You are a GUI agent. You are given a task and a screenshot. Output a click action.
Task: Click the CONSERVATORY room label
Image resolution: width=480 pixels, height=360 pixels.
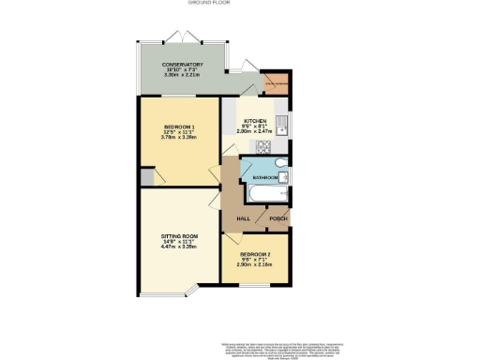(x=183, y=65)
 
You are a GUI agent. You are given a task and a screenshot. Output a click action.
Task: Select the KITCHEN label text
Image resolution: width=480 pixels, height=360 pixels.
(x=256, y=122)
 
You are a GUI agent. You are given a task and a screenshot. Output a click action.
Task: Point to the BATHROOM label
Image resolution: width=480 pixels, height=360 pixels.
(x=264, y=177)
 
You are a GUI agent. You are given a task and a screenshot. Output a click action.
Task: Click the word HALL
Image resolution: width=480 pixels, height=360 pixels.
(x=242, y=218)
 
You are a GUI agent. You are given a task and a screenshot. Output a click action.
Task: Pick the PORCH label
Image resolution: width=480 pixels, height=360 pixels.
(x=277, y=218)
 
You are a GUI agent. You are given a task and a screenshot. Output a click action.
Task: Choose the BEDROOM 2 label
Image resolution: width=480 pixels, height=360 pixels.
(x=254, y=255)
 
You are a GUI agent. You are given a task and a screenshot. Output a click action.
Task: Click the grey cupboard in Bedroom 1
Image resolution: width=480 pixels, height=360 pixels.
(x=146, y=178)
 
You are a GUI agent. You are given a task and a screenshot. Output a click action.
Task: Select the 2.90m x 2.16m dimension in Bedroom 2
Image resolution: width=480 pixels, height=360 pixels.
(x=254, y=266)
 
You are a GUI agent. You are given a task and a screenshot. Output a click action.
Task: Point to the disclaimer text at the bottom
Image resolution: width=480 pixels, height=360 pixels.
(x=281, y=348)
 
